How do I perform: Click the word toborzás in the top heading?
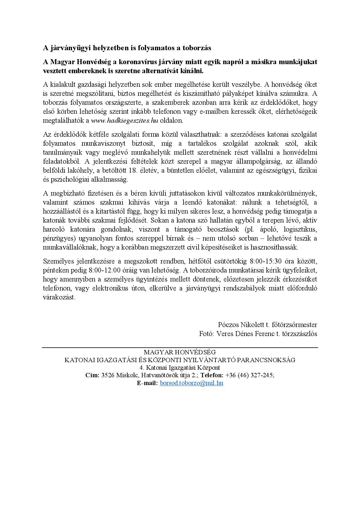coord(197,48)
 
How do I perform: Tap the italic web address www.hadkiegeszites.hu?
coord(125,120)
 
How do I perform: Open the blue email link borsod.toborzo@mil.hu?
coord(192,383)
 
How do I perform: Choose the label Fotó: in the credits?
coord(207,334)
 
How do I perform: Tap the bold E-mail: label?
coord(147,383)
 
